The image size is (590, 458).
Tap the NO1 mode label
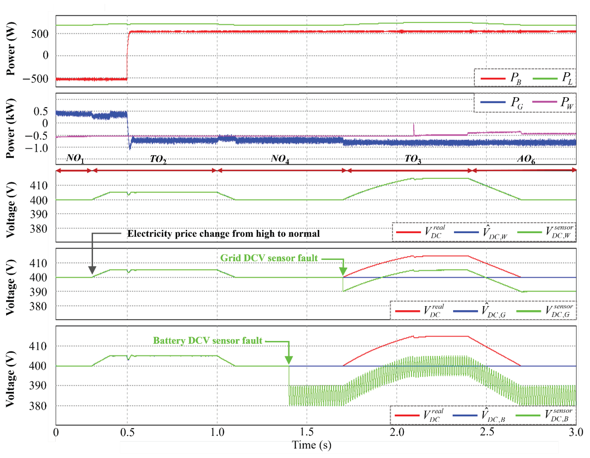75,158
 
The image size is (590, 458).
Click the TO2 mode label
158,159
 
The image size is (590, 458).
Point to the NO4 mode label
280,159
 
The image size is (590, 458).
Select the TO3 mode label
413,159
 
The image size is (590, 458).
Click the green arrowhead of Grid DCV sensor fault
343,271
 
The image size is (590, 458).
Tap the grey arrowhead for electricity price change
92,270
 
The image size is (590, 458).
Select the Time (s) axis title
311,445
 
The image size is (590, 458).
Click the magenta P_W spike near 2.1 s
413,127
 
